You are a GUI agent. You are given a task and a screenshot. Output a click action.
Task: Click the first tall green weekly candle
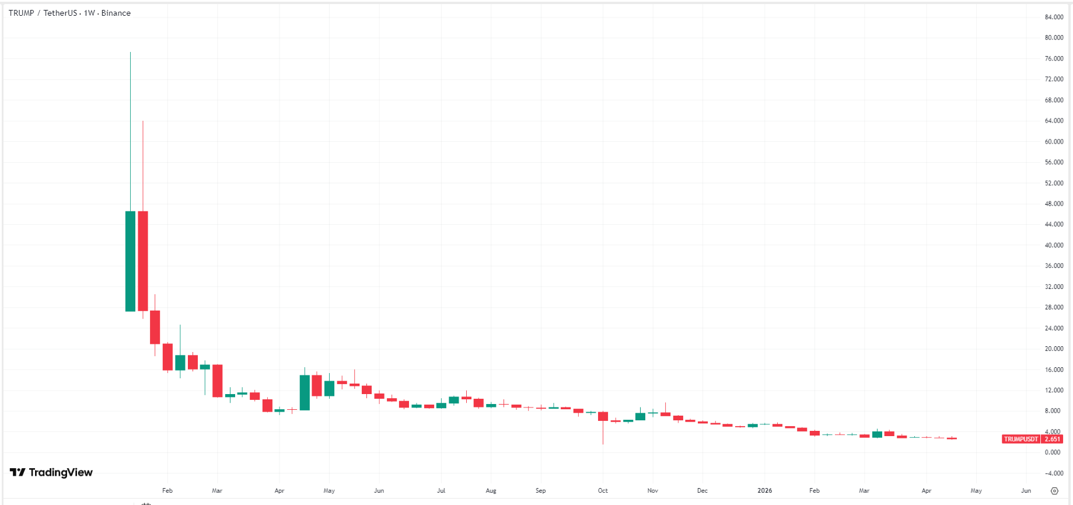tap(130, 261)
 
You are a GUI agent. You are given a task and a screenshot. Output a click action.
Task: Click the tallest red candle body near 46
tap(143, 261)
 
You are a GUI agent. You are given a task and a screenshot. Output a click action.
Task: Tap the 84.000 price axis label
tap(1054, 17)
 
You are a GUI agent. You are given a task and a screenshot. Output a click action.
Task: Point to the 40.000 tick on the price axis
tap(1054, 245)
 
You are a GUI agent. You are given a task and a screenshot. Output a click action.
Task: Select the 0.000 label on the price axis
tap(1053, 452)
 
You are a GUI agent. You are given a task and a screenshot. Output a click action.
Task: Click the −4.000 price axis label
tap(1054, 473)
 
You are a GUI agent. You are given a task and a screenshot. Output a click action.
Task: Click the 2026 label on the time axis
tap(764, 490)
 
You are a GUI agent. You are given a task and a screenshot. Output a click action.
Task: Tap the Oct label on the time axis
tap(603, 490)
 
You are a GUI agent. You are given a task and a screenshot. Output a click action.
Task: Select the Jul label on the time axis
tap(441, 490)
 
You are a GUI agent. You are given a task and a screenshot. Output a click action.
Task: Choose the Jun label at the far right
tap(1026, 490)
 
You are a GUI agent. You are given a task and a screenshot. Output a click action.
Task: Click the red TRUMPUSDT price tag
tap(1021, 439)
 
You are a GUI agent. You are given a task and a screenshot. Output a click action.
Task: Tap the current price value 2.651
tap(1053, 439)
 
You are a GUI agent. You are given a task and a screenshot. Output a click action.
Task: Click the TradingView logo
tap(51, 472)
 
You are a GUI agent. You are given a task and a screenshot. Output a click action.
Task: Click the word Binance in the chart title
tap(116, 13)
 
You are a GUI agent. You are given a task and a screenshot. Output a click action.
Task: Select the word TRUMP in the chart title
tap(21, 13)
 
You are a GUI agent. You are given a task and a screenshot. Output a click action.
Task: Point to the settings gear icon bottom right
tap(1054, 491)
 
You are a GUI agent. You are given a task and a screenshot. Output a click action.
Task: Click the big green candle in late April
tap(305, 392)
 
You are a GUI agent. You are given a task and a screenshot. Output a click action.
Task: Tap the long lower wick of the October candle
tap(603, 433)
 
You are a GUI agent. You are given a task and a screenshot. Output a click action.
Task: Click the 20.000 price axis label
tap(1054, 349)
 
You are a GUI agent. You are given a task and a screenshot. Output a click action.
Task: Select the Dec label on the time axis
tap(702, 490)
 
